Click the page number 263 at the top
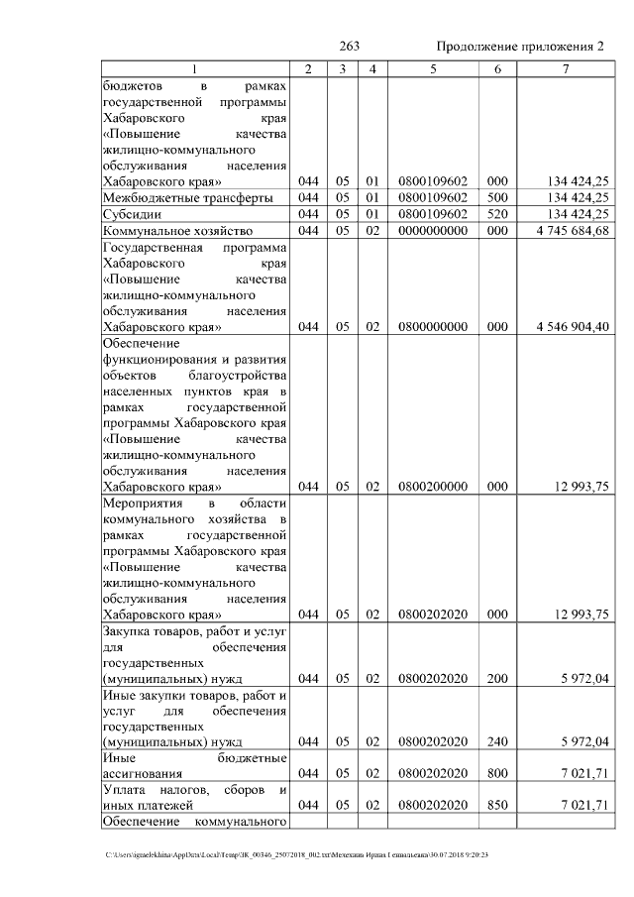tap(349, 47)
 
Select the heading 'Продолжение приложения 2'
tap(520, 47)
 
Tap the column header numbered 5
tap(433, 68)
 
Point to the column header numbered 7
tap(565, 68)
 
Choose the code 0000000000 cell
tap(433, 230)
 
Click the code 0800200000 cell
tap(433, 487)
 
